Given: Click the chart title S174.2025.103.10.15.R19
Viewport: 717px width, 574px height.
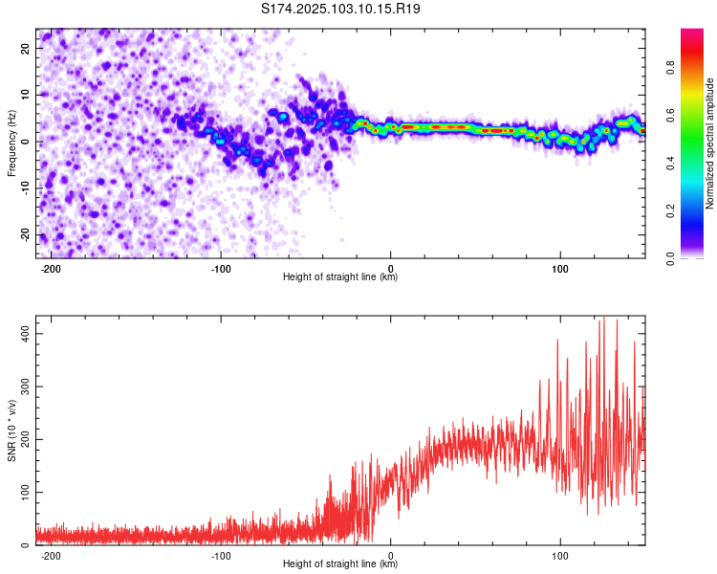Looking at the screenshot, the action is (x=340, y=9).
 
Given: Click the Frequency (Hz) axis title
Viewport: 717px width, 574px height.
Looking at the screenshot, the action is (x=11, y=143).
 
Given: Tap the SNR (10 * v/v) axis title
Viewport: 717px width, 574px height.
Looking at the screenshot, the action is (x=11, y=430).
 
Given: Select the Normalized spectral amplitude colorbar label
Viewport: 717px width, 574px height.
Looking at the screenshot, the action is (x=709, y=143).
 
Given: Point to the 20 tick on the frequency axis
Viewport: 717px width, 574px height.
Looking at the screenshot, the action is (x=26, y=48).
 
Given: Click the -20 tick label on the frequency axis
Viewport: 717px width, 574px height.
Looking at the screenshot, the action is (x=26, y=235).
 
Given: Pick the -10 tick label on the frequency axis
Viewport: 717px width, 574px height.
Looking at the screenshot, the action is (x=26, y=188).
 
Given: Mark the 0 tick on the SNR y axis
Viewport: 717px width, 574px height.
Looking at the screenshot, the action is (x=26, y=545).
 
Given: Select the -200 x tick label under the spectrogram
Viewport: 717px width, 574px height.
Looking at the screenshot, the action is (x=51, y=269).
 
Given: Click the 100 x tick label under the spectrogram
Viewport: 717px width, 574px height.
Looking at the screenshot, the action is (x=560, y=269).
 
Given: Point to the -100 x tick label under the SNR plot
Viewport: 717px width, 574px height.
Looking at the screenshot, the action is (x=221, y=556).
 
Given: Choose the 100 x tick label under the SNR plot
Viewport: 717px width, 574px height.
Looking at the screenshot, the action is (x=560, y=556).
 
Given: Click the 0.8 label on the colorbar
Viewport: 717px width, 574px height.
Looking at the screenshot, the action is (x=671, y=68).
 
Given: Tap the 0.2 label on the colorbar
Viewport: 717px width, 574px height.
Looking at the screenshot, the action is (x=671, y=211).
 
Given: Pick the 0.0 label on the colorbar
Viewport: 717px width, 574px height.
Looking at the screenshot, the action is (x=671, y=259).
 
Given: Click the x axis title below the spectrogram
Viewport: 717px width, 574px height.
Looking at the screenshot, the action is (x=340, y=276).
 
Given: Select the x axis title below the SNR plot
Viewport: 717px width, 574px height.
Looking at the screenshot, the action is (x=340, y=563).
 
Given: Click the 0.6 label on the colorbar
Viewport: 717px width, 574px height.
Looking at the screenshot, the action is (x=671, y=116).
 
